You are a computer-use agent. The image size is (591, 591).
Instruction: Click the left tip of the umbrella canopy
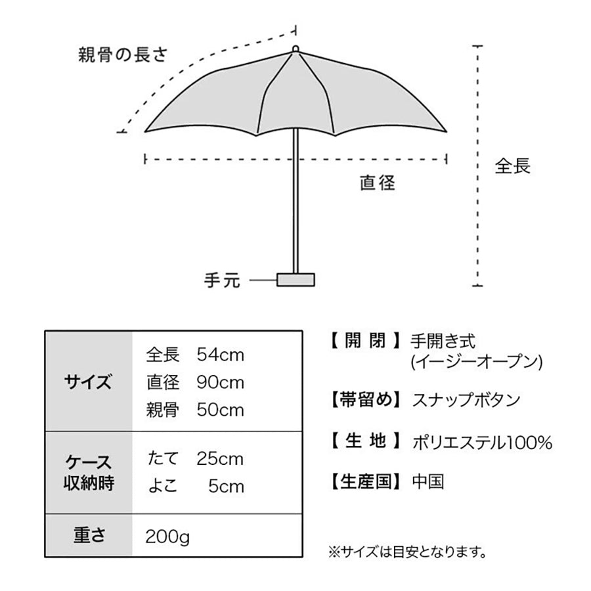(145, 131)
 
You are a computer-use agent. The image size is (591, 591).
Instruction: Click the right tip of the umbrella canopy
(447, 131)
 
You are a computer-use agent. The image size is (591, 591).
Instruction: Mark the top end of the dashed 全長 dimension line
(477, 46)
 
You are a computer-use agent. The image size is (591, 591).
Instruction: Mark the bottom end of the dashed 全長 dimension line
(477, 286)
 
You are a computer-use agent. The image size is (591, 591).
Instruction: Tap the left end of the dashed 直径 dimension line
(145, 159)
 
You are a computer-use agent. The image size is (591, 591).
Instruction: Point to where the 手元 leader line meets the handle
(277, 280)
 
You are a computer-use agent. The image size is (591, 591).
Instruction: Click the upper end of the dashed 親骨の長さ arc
(295, 30)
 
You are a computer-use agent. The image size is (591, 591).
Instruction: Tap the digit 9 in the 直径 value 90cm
(202, 383)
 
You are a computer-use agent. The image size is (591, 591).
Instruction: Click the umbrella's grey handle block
(296, 280)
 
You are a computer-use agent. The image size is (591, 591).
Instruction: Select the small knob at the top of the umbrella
(296, 49)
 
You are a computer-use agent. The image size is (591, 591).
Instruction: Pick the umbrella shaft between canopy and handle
(296, 201)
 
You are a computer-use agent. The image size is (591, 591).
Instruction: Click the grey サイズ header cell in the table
(89, 381)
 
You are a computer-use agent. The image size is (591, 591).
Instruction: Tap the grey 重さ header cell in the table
(89, 535)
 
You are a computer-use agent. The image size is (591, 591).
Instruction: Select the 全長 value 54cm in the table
(221, 355)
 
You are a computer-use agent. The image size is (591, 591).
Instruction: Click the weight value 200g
(167, 536)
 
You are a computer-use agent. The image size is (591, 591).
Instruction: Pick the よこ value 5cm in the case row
(226, 487)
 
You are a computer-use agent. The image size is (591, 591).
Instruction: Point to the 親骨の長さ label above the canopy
(123, 55)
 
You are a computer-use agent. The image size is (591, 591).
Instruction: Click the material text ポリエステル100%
(483, 443)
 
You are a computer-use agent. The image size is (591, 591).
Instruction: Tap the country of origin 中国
(428, 482)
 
